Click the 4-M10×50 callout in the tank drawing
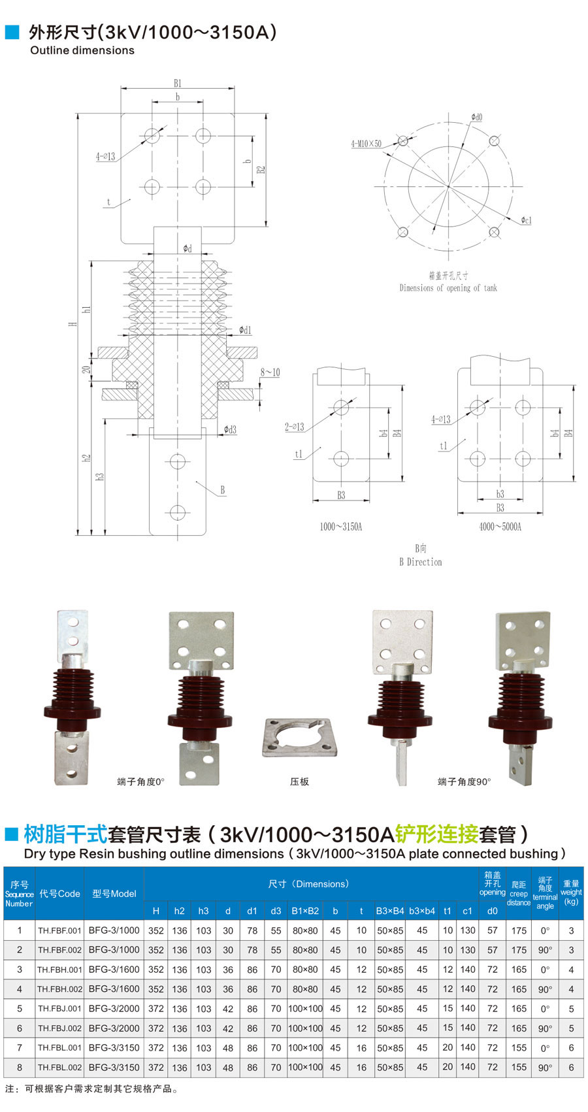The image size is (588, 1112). [x=366, y=143]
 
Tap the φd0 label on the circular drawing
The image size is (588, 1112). [x=476, y=118]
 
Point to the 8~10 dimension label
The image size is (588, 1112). [x=270, y=372]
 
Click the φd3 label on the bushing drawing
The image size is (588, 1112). [x=230, y=429]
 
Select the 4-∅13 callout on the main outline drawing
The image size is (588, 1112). [x=105, y=156]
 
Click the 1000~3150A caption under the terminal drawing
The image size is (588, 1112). [x=340, y=527]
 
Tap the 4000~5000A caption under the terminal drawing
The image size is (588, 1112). [x=500, y=527]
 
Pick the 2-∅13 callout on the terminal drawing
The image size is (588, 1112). [x=294, y=427]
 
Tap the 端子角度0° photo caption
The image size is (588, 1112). [x=140, y=781]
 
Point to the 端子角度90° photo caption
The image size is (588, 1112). [x=464, y=781]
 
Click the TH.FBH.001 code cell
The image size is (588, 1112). [x=59, y=970]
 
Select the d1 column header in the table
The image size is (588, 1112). [x=252, y=911]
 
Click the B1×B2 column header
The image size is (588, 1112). [x=305, y=911]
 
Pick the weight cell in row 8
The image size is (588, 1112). [x=571, y=1067]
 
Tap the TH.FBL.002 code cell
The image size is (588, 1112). [x=59, y=1067]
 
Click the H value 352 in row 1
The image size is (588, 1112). [x=155, y=930]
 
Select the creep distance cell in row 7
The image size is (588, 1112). [x=519, y=1047]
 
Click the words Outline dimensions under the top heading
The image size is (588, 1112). [x=82, y=50]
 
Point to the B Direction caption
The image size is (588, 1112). [x=420, y=562]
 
